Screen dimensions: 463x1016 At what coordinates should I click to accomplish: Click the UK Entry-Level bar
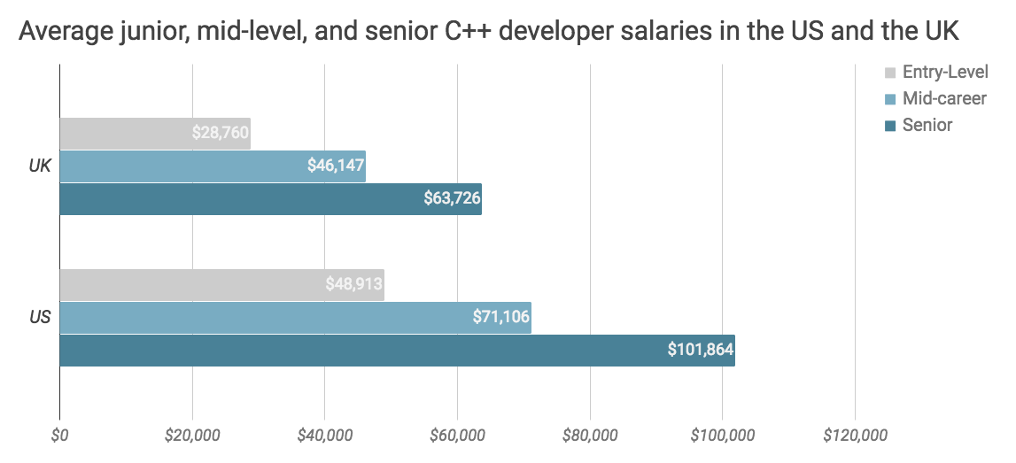pyautogui.click(x=124, y=134)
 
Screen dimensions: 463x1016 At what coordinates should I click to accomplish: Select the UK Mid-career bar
pyautogui.click(x=177, y=166)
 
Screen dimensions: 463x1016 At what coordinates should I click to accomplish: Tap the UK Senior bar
pyautogui.click(x=239, y=198)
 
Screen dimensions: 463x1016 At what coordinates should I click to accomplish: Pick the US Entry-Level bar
pyautogui.click(x=177, y=285)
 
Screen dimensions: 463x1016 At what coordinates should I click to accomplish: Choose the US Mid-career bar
pyautogui.click(x=266, y=317)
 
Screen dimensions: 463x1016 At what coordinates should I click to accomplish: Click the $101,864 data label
pyautogui.click(x=701, y=350)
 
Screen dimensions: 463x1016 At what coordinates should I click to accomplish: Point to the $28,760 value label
pyautogui.click(x=220, y=134)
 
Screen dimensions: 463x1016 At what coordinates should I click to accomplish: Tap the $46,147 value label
pyautogui.click(x=335, y=166)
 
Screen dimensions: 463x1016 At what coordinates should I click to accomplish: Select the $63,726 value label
pyautogui.click(x=452, y=198)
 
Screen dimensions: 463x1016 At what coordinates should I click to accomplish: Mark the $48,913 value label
pyautogui.click(x=353, y=285)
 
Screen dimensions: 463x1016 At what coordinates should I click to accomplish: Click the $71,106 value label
pyautogui.click(x=500, y=317)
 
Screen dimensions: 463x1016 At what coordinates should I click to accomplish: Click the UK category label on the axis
pyautogui.click(x=40, y=166)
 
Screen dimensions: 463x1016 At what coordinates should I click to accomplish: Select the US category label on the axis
pyautogui.click(x=40, y=317)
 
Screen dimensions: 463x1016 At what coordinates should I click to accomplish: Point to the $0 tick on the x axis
pyautogui.click(x=59, y=436)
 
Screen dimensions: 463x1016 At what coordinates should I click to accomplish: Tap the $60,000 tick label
pyautogui.click(x=457, y=436)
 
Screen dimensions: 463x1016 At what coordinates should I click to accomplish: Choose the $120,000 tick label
pyautogui.click(x=855, y=436)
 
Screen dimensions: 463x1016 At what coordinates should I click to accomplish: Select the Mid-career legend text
pyautogui.click(x=944, y=98)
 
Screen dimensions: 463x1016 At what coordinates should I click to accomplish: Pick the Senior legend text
pyautogui.click(x=927, y=125)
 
